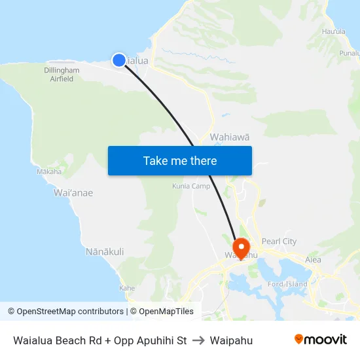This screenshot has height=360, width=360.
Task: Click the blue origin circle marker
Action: pyautogui.click(x=119, y=60)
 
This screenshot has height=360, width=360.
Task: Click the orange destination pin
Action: pyautogui.click(x=242, y=248)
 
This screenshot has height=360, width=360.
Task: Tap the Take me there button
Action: pyautogui.click(x=180, y=160)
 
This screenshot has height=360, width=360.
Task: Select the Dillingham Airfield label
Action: pyautogui.click(x=62, y=75)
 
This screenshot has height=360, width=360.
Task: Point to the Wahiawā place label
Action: pyautogui.click(x=230, y=137)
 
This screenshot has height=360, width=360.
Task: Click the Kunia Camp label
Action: pyautogui.click(x=192, y=186)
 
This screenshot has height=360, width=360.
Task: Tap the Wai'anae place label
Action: pyautogui.click(x=73, y=193)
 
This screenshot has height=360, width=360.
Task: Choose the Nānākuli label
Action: pyautogui.click(x=105, y=251)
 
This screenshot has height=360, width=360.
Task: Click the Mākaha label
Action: pyautogui.click(x=49, y=172)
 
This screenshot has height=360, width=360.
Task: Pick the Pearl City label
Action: pyautogui.click(x=279, y=242)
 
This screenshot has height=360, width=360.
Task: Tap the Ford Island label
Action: pyautogui.click(x=287, y=284)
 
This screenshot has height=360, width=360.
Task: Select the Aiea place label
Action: pyautogui.click(x=313, y=260)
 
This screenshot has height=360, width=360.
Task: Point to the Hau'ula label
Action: pyautogui.click(x=333, y=31)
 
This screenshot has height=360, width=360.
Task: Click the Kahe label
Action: pyautogui.click(x=127, y=288)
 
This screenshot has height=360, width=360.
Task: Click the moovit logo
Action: pyautogui.click(x=320, y=340)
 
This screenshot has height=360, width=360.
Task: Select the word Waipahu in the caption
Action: pyautogui.click(x=231, y=340)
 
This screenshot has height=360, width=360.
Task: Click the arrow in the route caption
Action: pyautogui.click(x=198, y=340)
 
